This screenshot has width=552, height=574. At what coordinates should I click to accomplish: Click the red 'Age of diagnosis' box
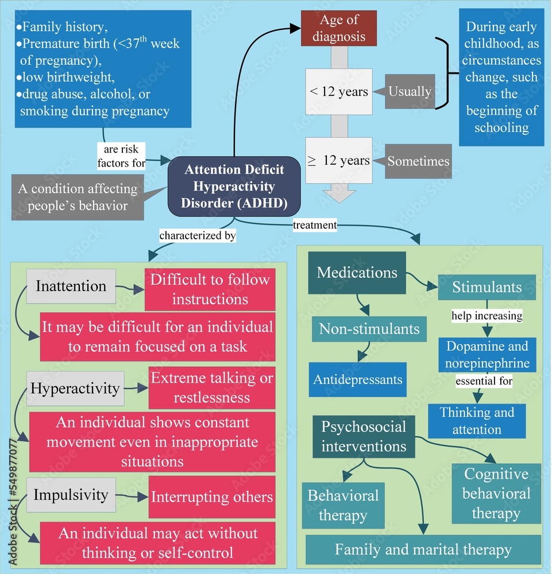tap(339, 28)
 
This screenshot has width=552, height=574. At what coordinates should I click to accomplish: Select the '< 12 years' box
tap(339, 91)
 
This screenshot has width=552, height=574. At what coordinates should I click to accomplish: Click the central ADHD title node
tap(234, 187)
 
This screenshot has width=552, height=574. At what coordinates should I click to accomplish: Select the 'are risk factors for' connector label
tap(121, 156)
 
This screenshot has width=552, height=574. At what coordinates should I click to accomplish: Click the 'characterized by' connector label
tap(198, 235)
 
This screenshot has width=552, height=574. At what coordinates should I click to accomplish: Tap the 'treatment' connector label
tap(315, 225)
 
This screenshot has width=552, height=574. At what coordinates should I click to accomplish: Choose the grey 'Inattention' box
tap(71, 286)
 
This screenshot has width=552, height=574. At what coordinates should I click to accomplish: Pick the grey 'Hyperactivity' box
tap(75, 389)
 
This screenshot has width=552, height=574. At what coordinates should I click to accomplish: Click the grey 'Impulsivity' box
tap(71, 495)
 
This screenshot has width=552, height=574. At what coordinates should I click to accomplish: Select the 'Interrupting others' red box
tap(212, 497)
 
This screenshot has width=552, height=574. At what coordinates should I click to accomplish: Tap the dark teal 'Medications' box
tap(357, 273)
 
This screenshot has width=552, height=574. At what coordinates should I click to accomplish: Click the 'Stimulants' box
tap(487, 288)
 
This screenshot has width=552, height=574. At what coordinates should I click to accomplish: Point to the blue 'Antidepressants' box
tap(358, 379)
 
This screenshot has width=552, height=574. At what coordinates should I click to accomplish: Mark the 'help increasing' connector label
tap(487, 316)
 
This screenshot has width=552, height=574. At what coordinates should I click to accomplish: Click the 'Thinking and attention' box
tap(477, 421)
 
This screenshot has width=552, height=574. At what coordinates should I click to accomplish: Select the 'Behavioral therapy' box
tap(343, 506)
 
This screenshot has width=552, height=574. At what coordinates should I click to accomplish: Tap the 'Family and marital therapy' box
tap(423, 549)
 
